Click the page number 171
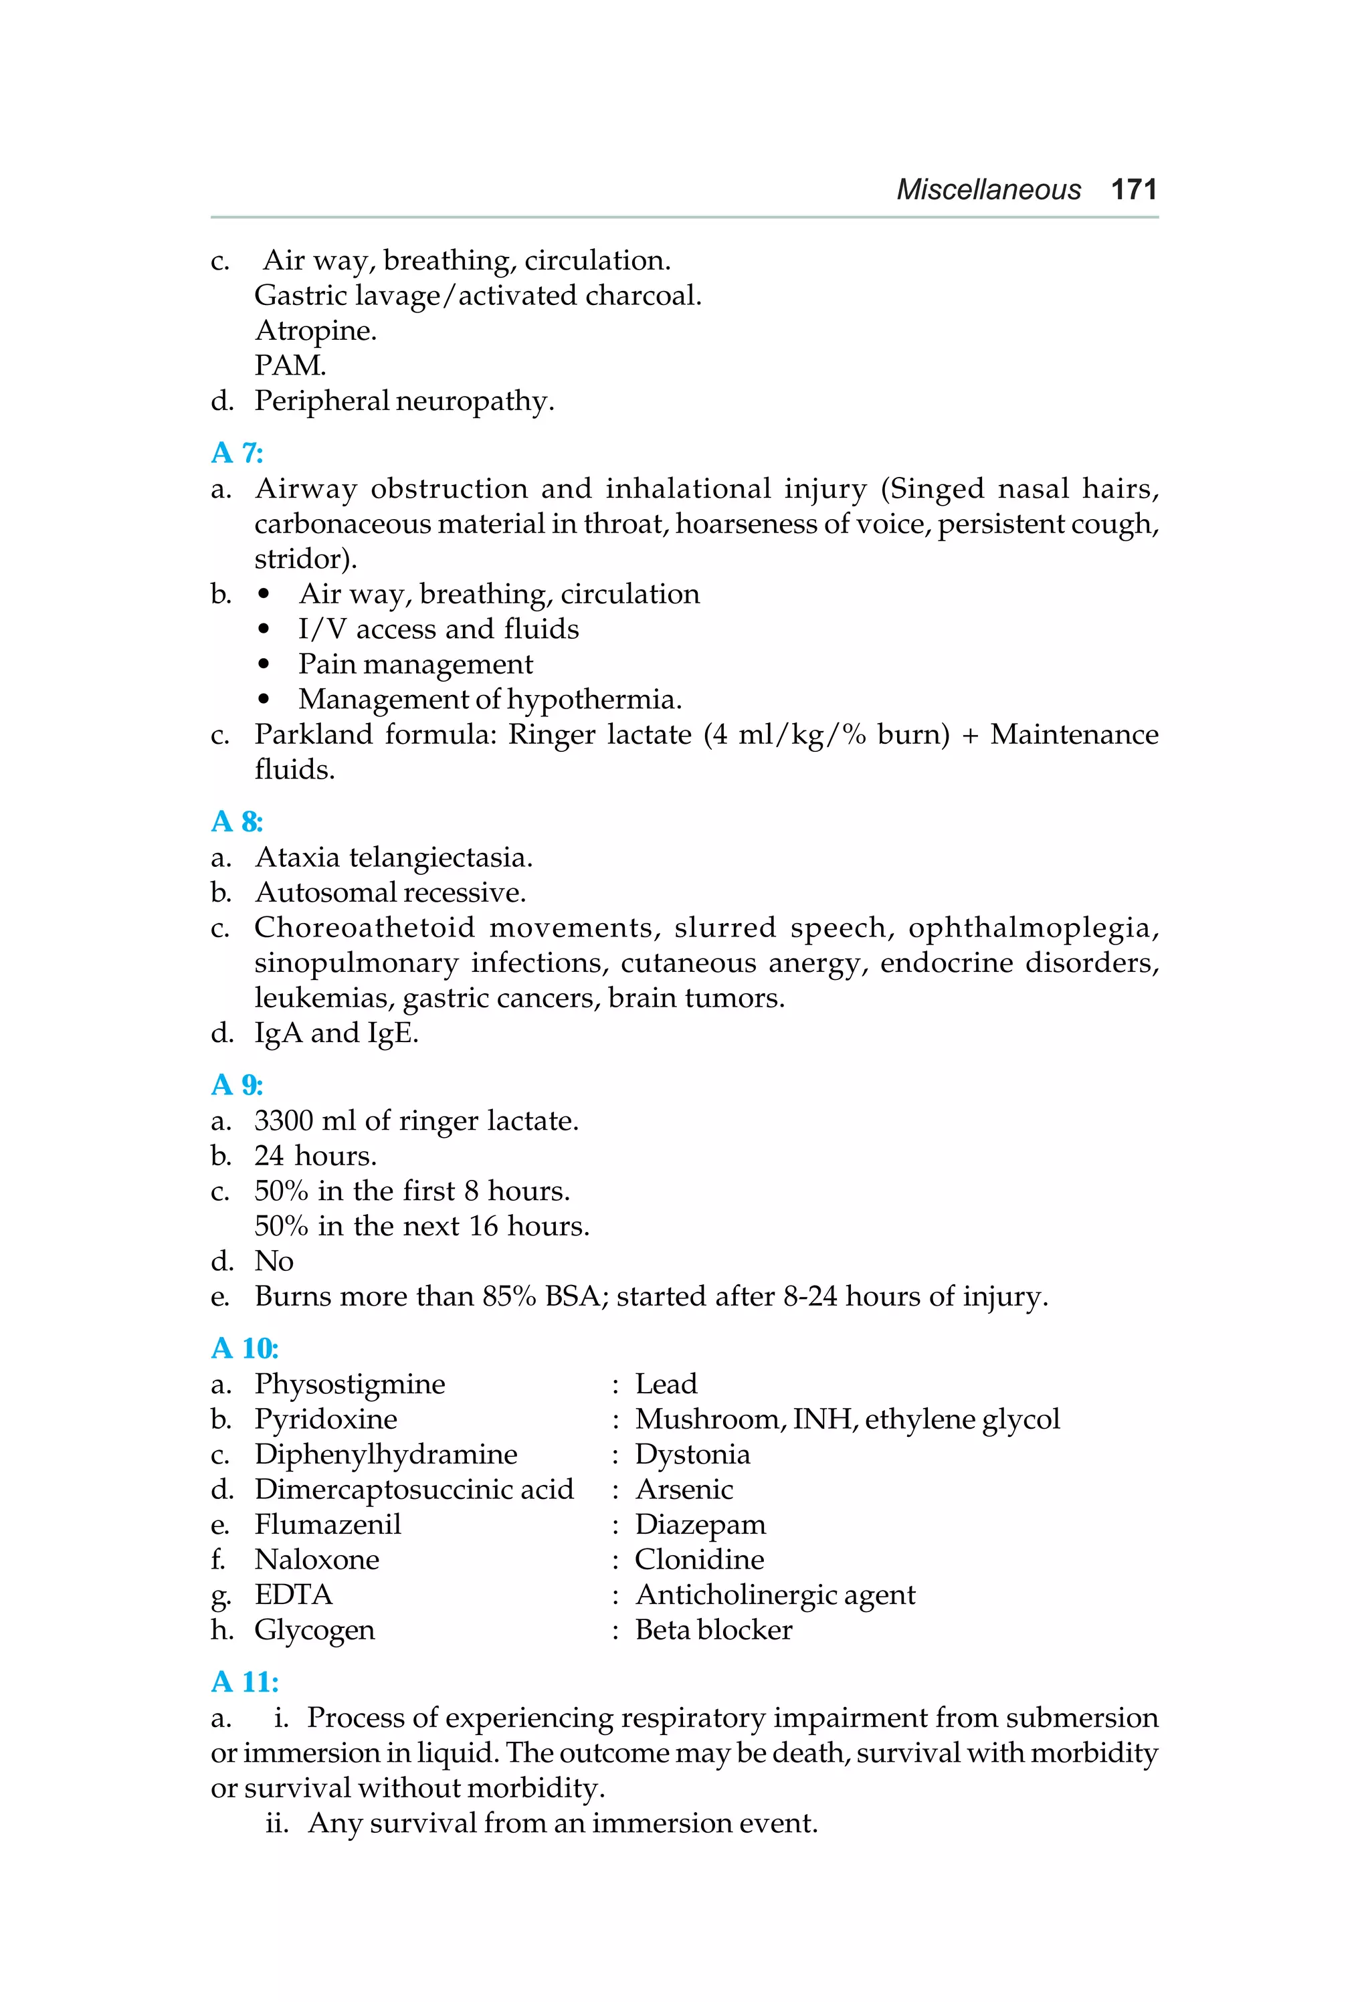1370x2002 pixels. (x=1133, y=189)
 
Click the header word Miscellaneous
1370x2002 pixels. (x=988, y=189)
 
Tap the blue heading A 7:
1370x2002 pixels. (x=237, y=452)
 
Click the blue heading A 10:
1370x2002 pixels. (x=245, y=1348)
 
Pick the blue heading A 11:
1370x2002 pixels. (x=245, y=1682)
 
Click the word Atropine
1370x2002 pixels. (x=315, y=331)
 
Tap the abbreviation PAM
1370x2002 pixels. (x=290, y=366)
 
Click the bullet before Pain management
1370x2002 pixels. (x=264, y=665)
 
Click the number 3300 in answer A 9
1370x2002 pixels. (x=284, y=1121)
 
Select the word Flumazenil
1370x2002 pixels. (x=327, y=1525)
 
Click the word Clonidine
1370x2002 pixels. (x=699, y=1560)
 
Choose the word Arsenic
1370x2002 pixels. (x=684, y=1490)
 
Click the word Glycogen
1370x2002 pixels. (x=314, y=1631)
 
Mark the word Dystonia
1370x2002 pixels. (x=692, y=1454)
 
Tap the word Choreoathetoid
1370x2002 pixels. (x=365, y=928)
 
